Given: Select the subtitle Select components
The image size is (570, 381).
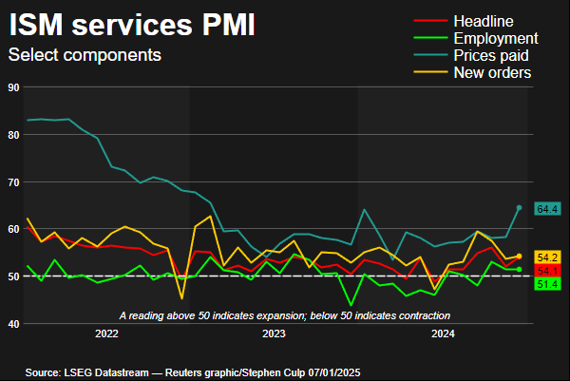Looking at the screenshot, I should (x=85, y=55).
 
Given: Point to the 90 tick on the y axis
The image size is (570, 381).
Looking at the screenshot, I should (x=13, y=87).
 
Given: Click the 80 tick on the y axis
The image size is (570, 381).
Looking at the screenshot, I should (x=13, y=135).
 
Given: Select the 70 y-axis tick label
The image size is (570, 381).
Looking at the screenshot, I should (x=13, y=181).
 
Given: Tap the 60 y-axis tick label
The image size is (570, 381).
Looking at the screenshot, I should (x=13, y=229).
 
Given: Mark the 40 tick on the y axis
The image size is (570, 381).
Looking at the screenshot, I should (x=13, y=323).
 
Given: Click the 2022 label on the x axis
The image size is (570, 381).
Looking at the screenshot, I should (x=105, y=333).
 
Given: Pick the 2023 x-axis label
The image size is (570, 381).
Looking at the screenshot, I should (x=274, y=333).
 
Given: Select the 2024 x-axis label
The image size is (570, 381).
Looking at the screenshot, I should (x=443, y=333).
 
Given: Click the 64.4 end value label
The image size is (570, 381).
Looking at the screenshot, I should (x=547, y=208).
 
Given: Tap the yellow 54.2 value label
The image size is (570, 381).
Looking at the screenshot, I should (x=547, y=257).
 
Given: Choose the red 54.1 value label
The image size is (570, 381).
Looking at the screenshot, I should (x=547, y=271).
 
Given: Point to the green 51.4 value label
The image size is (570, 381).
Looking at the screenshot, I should (x=547, y=284).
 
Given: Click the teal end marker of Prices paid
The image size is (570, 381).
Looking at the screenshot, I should (x=519, y=207).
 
